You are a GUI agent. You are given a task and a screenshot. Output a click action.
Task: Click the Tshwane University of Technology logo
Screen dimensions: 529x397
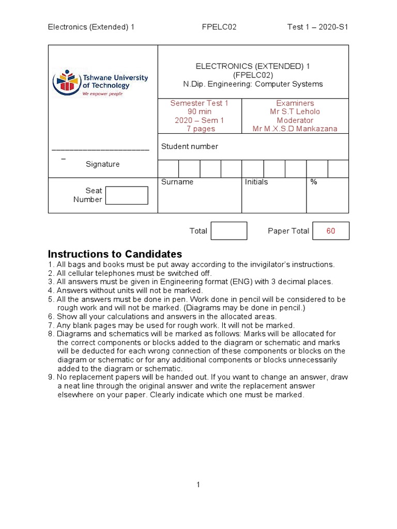tap(100, 82)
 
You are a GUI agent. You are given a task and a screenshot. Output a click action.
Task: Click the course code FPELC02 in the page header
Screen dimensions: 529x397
tap(219, 27)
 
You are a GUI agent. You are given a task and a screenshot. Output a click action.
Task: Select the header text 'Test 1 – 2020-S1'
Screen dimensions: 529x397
tap(318, 27)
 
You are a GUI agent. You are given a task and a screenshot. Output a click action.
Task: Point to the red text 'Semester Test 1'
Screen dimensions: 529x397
tap(199, 103)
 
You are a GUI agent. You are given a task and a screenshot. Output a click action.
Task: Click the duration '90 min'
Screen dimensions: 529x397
tap(199, 112)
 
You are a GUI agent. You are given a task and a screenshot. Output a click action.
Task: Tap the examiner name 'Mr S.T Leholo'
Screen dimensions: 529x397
tap(295, 112)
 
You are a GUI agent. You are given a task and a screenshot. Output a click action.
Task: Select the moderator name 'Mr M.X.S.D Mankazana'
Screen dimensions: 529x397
tap(295, 129)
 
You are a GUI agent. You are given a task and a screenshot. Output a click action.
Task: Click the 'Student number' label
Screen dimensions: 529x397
tap(190, 147)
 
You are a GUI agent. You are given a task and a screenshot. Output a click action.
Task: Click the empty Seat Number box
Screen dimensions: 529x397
tap(127, 195)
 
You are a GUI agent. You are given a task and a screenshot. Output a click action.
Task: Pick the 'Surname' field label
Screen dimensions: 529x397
tap(177, 182)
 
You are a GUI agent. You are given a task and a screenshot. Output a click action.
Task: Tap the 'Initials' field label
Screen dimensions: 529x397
tap(256, 182)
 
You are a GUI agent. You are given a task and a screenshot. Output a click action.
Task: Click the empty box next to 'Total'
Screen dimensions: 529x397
tap(228, 231)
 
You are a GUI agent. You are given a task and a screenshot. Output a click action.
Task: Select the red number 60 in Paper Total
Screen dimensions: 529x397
tap(330, 231)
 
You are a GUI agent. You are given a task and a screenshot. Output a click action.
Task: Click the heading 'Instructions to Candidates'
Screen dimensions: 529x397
tap(115, 254)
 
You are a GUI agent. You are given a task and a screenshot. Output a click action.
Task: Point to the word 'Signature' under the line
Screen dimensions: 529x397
tap(102, 164)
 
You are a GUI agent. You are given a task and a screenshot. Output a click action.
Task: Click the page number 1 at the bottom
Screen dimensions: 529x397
tap(198, 485)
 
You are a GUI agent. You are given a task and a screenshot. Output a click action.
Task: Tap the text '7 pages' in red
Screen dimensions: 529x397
tap(199, 129)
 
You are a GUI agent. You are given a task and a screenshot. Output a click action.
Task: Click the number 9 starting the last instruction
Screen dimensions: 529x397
tap(50, 377)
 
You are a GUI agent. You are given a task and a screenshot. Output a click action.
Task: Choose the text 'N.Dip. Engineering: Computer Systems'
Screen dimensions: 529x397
tap(253, 84)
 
